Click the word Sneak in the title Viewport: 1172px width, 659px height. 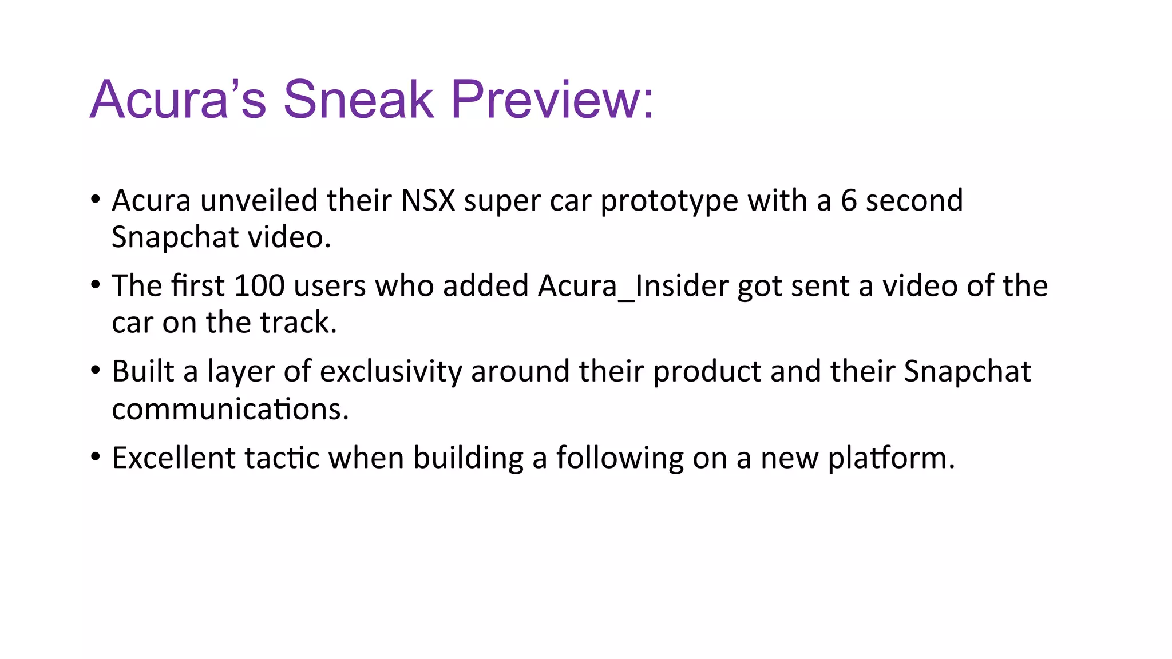(x=358, y=100)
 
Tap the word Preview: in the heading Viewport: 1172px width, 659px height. (x=552, y=100)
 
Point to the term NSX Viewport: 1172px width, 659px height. (x=427, y=201)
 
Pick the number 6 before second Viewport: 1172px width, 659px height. (x=849, y=201)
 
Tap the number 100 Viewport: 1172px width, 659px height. (x=259, y=286)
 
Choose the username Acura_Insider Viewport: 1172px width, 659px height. (x=633, y=286)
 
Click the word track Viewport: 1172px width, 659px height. (x=298, y=323)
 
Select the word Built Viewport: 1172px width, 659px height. (x=143, y=371)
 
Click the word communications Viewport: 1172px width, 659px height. (x=230, y=410)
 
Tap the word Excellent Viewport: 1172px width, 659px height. (x=173, y=458)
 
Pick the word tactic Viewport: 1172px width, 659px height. (x=282, y=458)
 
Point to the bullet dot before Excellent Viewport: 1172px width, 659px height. (x=96, y=457)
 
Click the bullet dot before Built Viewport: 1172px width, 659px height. (x=96, y=371)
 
